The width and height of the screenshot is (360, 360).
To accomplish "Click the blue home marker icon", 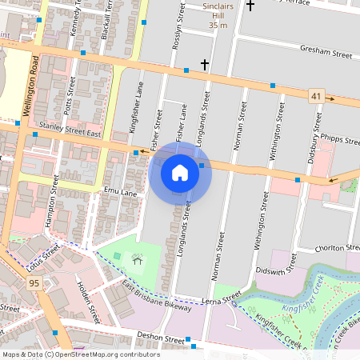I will pyautogui.click(x=180, y=173).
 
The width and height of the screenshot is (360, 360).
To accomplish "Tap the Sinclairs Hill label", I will pyautogui.click(x=218, y=15).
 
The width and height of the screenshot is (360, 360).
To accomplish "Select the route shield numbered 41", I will pyautogui.click(x=317, y=96).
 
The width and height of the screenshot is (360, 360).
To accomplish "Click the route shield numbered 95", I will pyautogui.click(x=34, y=283).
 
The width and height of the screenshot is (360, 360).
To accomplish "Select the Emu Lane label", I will pyautogui.click(x=120, y=191).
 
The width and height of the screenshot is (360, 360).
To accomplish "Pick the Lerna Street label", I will pyautogui.click(x=222, y=299).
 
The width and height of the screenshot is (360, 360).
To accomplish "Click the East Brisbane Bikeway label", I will pyautogui.click(x=157, y=297).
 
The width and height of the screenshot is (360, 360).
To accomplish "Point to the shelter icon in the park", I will pyautogui.click(x=138, y=259).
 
